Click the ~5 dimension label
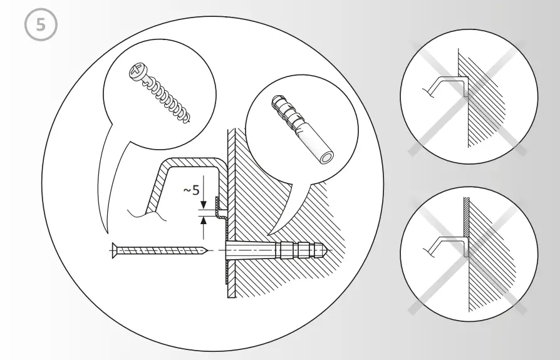point(191,190)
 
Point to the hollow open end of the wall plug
point(326,156)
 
